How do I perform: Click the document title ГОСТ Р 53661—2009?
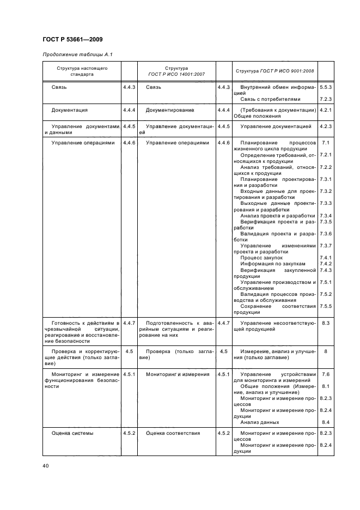(x=72, y=39)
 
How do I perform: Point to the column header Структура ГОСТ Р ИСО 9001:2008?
(x=275, y=71)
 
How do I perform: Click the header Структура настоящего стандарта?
(x=82, y=71)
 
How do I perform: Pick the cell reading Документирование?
(x=170, y=110)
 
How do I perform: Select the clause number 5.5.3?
(x=326, y=87)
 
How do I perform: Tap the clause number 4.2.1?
(x=326, y=110)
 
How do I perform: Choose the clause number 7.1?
(x=326, y=143)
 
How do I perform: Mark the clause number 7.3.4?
(x=326, y=216)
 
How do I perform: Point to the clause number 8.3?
(x=326, y=324)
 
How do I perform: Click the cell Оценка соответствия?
(x=173, y=434)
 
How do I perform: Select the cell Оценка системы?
(x=72, y=434)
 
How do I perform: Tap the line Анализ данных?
(x=260, y=422)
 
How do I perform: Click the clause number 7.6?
(x=326, y=374)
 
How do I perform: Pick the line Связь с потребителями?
(x=270, y=99)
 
